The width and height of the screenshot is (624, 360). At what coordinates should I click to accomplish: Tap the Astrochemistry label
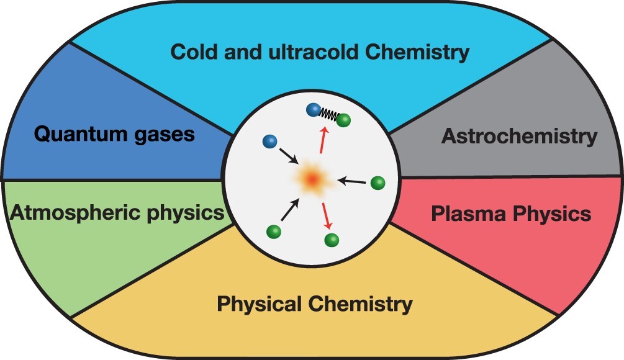[x=519, y=137]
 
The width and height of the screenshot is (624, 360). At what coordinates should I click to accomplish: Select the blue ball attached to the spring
[x=314, y=110]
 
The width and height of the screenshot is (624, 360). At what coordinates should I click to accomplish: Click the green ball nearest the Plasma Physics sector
[x=378, y=183]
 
